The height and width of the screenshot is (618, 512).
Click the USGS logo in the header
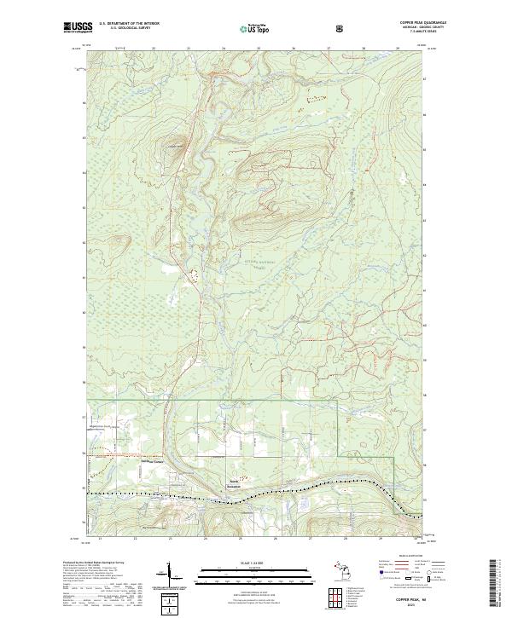click(x=74, y=28)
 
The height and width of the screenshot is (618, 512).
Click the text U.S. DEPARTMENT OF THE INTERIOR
click(x=129, y=24)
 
